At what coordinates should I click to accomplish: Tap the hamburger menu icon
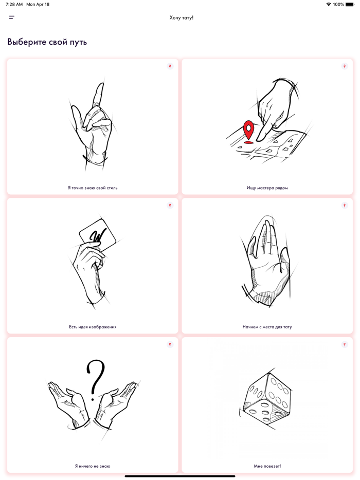pyautogui.click(x=12, y=17)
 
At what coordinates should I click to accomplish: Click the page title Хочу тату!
pyautogui.click(x=182, y=18)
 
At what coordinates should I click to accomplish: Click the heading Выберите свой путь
pyautogui.click(x=47, y=42)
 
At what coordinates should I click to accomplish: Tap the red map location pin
pyautogui.click(x=248, y=132)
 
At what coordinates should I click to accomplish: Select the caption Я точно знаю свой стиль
pyautogui.click(x=93, y=188)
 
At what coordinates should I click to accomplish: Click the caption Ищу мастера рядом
pyautogui.click(x=267, y=188)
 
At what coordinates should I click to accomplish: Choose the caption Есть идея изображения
pyautogui.click(x=93, y=327)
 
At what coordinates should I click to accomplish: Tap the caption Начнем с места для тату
pyautogui.click(x=267, y=327)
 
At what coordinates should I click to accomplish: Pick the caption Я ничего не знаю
pyautogui.click(x=93, y=466)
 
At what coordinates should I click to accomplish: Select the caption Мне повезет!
pyautogui.click(x=267, y=466)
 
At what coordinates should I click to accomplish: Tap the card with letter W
pyautogui.click(x=98, y=235)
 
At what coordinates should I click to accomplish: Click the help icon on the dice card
pyautogui.click(x=345, y=344)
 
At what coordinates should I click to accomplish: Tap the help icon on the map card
pyautogui.click(x=345, y=66)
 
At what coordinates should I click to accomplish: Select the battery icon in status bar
pyautogui.click(x=350, y=4)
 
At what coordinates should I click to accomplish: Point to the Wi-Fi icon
pyautogui.click(x=329, y=4)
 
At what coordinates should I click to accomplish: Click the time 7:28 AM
pyautogui.click(x=14, y=4)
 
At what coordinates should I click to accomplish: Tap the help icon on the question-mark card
pyautogui.click(x=170, y=344)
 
